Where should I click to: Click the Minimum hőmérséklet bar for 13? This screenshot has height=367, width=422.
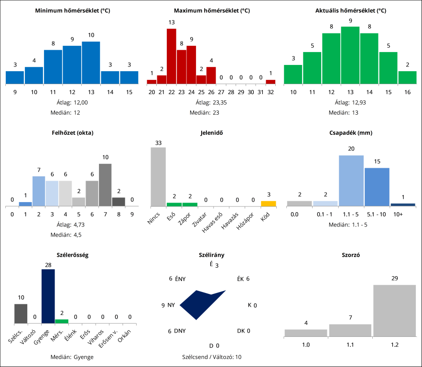coord(91,63)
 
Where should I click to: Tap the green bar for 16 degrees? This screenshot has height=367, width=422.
coord(407,77)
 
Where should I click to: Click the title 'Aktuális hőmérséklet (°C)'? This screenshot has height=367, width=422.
coord(351,11)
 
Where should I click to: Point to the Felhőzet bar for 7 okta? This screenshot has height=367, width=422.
coord(105,184)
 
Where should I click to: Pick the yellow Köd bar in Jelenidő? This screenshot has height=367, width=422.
coord(268,204)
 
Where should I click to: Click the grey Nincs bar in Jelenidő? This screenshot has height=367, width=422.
coord(158,177)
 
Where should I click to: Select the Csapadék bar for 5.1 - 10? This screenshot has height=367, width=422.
coord(377,187)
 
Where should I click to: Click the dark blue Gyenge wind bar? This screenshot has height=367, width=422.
coord(48,296)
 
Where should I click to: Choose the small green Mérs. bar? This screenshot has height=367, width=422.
coord(62,321)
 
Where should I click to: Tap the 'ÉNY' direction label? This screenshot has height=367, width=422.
coord(181,279)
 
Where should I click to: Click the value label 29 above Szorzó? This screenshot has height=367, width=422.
coord(394,278)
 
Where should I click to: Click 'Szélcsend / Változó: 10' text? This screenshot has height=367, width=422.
coord(212,356)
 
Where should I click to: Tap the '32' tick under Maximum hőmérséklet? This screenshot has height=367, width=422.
coord(271,92)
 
